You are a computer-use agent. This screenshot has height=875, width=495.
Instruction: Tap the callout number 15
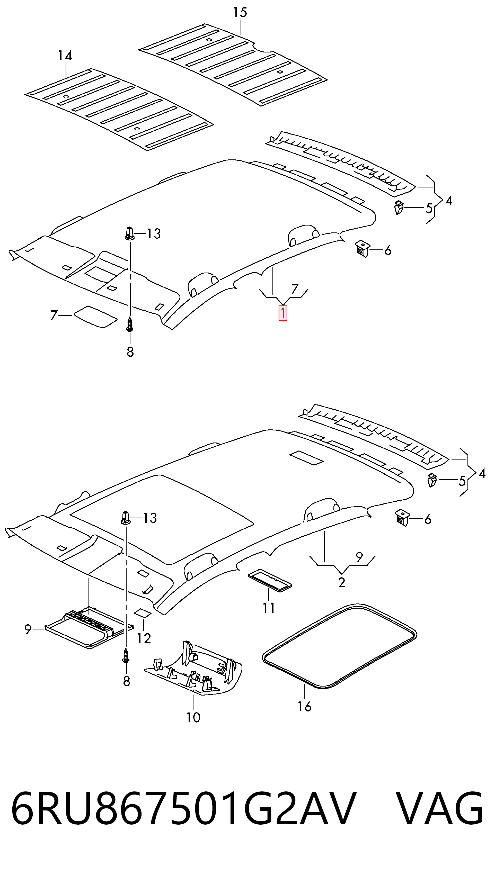pyautogui.click(x=240, y=13)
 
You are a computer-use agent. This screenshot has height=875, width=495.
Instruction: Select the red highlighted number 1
pyautogui.click(x=283, y=313)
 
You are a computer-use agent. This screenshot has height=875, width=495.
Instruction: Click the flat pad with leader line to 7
pyautogui.click(x=95, y=317)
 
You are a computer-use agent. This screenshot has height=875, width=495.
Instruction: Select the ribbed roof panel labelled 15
pyautogui.click(x=233, y=65)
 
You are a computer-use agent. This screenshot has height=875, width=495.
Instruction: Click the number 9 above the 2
pyautogui.click(x=359, y=556)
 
